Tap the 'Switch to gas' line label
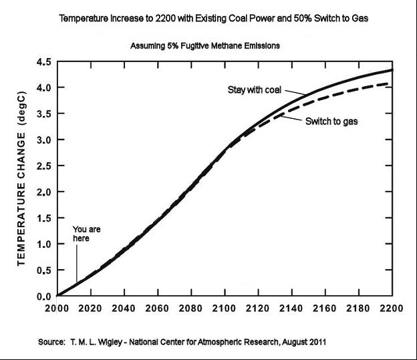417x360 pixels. click(x=332, y=122)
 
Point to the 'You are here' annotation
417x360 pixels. click(x=81, y=233)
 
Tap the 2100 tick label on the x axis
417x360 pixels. click(x=225, y=309)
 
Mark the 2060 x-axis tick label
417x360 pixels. click(x=157, y=309)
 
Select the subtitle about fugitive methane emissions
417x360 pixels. click(x=204, y=46)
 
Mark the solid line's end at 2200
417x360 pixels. click(x=392, y=70)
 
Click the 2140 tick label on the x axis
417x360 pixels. click(x=291, y=309)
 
